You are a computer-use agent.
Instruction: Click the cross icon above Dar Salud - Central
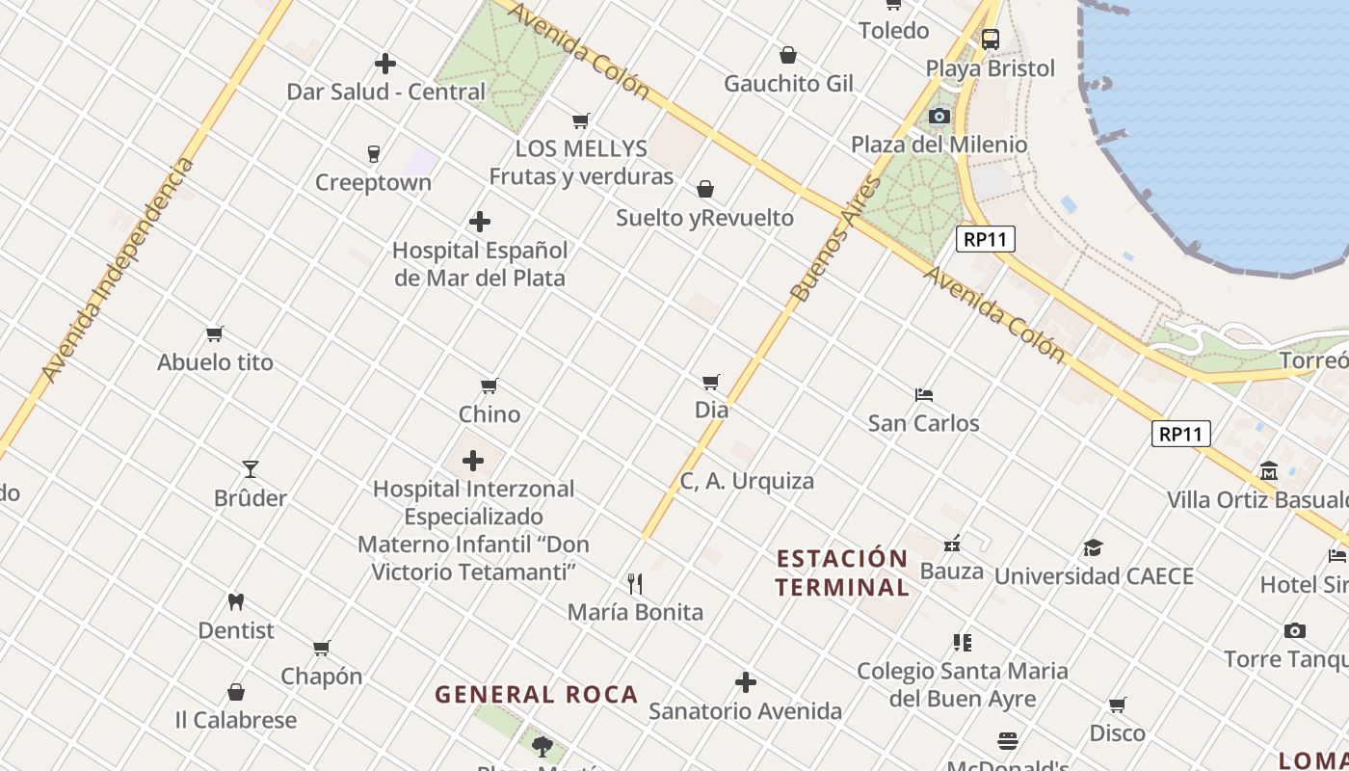pyautogui.click(x=385, y=64)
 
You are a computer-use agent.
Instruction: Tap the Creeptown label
pyautogui.click(x=373, y=182)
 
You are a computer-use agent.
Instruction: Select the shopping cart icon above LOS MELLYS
pyautogui.click(x=580, y=120)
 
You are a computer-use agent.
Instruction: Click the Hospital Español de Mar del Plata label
pyautogui.click(x=479, y=264)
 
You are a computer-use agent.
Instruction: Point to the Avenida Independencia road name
pyautogui.click(x=118, y=270)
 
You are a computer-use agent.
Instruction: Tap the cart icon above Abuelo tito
pyautogui.click(x=215, y=334)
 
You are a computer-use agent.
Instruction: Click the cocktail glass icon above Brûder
pyautogui.click(x=251, y=469)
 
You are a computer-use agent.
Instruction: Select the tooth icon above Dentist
pyautogui.click(x=236, y=602)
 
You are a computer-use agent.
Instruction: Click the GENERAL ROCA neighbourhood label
pyautogui.click(x=536, y=694)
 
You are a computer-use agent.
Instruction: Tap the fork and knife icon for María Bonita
pyautogui.click(x=635, y=583)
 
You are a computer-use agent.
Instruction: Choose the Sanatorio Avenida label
pyautogui.click(x=745, y=711)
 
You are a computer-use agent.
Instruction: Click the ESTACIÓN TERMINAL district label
pyautogui.click(x=842, y=572)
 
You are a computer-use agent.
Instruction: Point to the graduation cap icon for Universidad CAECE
pyautogui.click(x=1093, y=547)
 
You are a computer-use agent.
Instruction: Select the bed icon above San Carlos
pyautogui.click(x=924, y=395)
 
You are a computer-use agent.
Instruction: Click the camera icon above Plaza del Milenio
pyautogui.click(x=939, y=117)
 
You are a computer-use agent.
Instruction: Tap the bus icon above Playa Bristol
pyautogui.click(x=990, y=40)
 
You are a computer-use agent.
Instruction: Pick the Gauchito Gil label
pyautogui.click(x=788, y=84)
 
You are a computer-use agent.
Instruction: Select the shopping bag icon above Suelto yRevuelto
pyautogui.click(x=705, y=189)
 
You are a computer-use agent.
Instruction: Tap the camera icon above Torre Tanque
pyautogui.click(x=1295, y=631)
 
